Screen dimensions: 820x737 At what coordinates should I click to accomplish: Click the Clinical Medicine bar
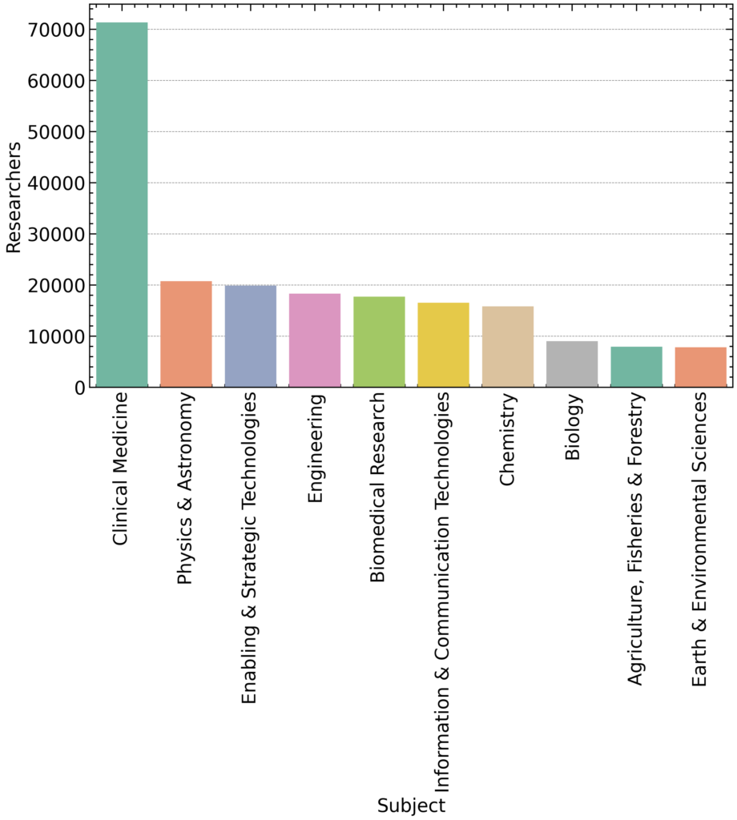121,205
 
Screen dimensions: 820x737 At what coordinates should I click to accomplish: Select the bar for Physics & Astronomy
186,334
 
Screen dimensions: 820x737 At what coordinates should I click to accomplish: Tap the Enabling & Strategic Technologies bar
250,336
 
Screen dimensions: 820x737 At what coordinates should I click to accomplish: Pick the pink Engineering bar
315,340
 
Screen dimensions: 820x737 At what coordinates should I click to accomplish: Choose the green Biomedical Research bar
379,342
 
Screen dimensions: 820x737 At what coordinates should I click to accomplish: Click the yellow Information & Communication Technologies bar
443,345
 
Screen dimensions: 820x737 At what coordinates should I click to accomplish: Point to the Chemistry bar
508,347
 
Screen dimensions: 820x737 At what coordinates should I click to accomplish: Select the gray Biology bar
572,364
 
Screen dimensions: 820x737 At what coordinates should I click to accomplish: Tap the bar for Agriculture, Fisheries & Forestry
636,367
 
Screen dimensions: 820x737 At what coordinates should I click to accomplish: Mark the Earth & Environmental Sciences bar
701,368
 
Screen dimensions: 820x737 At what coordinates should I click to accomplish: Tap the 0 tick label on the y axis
79,388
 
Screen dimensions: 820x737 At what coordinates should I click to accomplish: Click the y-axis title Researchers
14,198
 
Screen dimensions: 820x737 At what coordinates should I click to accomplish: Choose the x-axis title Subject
411,805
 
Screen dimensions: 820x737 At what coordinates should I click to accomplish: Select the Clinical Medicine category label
121,468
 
